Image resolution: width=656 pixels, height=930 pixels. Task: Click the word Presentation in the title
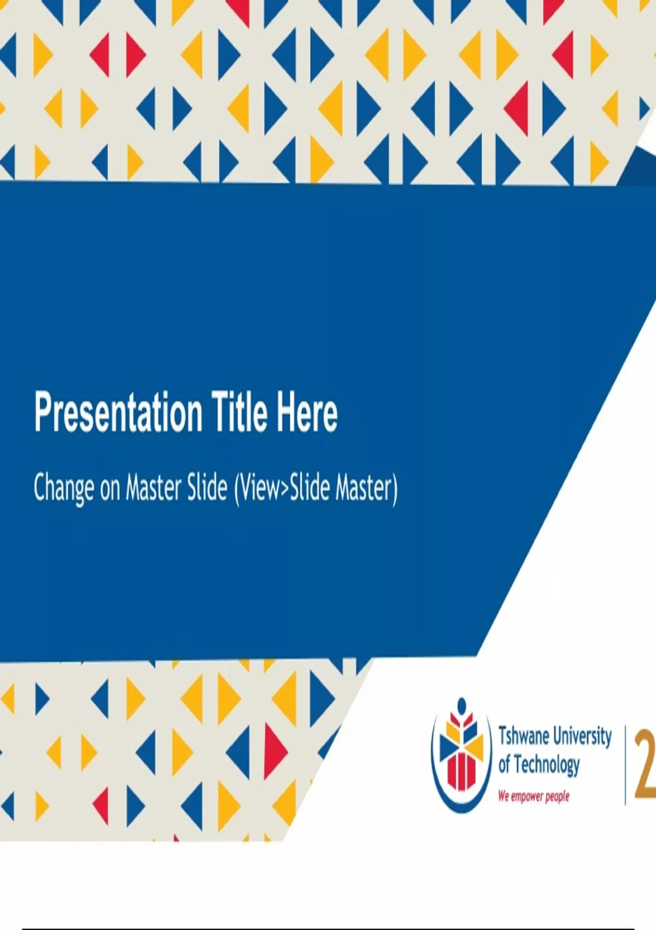(x=119, y=414)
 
